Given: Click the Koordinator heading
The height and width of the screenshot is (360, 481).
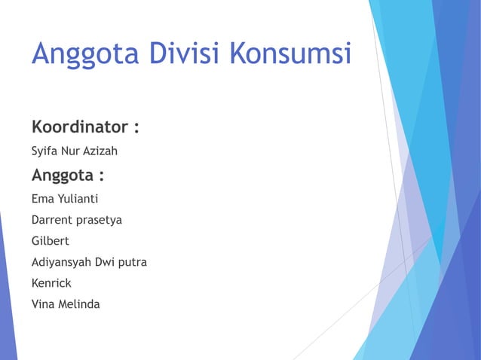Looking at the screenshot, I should (79, 125).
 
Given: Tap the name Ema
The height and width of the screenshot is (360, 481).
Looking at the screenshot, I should (42, 200).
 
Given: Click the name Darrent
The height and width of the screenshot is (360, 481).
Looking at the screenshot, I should (53, 221).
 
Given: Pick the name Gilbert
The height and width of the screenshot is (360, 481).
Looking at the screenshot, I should (50, 242).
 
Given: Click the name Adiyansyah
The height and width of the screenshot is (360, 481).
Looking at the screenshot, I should (63, 263).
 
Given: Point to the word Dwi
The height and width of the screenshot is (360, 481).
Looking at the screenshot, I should (107, 262).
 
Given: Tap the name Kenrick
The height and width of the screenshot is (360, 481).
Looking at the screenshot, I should (51, 283).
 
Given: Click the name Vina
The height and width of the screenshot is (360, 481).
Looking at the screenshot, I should (44, 304).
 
